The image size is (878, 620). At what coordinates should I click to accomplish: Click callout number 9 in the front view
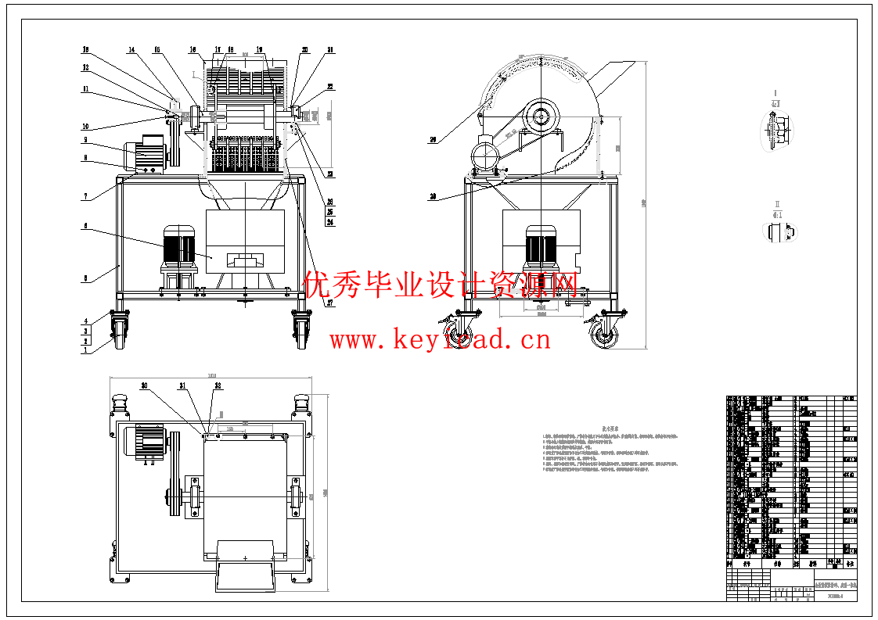click(x=87, y=141)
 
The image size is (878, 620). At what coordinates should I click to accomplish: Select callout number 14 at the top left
click(x=131, y=50)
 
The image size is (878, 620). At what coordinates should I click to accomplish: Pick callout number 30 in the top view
click(x=144, y=385)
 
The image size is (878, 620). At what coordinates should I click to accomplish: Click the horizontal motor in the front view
click(x=145, y=152)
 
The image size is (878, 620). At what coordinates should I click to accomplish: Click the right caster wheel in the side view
click(x=603, y=335)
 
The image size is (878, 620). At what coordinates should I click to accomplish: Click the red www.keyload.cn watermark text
click(x=440, y=340)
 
